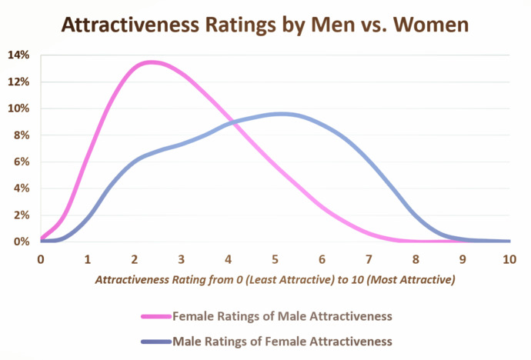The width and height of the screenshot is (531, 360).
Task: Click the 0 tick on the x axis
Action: click(41, 259)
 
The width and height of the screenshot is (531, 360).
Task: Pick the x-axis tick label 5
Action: click(275, 259)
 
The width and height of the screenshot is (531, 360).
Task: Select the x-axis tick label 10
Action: click(509, 259)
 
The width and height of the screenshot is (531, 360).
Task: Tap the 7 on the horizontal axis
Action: click(369, 259)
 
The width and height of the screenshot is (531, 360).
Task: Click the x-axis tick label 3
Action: click(182, 259)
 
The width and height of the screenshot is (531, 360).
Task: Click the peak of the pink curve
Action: click(151, 62)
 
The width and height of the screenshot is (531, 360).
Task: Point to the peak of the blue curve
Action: click(282, 114)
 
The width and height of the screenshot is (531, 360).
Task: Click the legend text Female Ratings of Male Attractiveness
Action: click(282, 315)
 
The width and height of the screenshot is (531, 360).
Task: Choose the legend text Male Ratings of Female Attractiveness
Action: click(282, 340)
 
